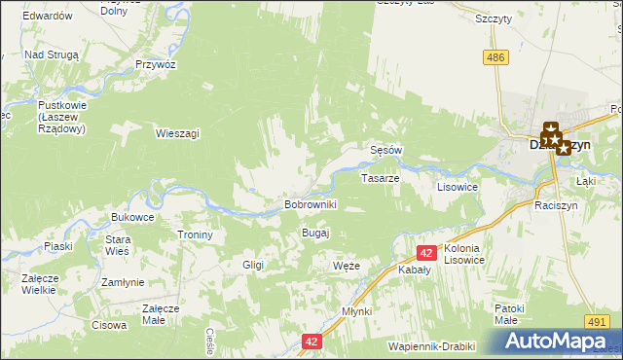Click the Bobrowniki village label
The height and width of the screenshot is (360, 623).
[310, 205]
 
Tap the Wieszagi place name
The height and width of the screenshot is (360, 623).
[177, 134]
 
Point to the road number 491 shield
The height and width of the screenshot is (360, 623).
[598, 321]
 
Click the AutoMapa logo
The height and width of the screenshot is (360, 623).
[558, 341]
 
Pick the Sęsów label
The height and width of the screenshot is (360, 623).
[386, 151]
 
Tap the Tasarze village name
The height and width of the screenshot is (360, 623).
[380, 179]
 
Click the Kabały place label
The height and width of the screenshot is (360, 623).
[416, 271]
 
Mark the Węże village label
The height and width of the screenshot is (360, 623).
[347, 266]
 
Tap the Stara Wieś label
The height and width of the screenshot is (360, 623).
[118, 245]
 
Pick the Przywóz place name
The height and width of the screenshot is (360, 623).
[156, 64]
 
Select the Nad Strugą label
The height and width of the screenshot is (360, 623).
[51, 55]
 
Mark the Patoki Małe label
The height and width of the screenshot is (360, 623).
[510, 313]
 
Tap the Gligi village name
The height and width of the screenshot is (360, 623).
[253, 265]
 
